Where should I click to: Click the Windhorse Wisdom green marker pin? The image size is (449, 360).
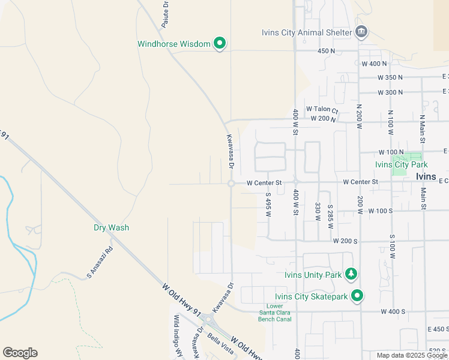(220, 43)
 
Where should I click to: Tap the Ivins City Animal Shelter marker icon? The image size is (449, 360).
(361, 32)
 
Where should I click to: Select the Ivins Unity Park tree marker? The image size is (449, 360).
(351, 275)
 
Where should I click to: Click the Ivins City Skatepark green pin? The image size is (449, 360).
(357, 295)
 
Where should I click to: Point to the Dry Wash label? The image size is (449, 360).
(111, 228)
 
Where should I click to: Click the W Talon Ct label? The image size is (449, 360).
(322, 109)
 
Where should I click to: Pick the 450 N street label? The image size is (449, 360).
(326, 51)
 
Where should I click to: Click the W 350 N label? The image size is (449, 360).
(390, 77)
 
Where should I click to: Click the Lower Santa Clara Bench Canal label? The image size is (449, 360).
(275, 312)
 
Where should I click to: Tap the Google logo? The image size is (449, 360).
(20, 353)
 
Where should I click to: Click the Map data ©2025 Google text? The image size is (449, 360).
(412, 355)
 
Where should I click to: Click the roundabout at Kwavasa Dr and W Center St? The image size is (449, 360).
(231, 183)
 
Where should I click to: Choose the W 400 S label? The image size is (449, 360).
(393, 312)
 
